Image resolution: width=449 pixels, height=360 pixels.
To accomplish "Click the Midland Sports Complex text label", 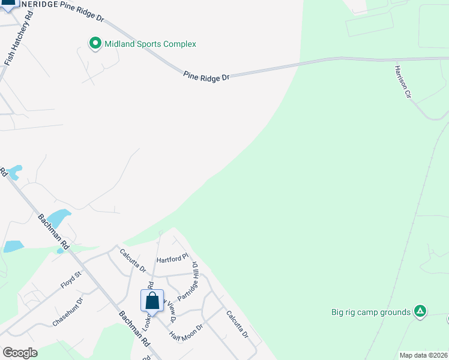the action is pos(150,44).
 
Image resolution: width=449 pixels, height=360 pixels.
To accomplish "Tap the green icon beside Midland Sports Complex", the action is pos(95,43).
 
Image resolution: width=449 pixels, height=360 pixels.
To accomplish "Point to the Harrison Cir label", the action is pos(402,82).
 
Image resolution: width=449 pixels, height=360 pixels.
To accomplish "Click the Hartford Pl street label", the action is pos(169,260).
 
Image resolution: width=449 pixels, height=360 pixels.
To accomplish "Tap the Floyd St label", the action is pos(70,280).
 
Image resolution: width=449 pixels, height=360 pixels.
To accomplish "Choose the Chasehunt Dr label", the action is pos(67,311).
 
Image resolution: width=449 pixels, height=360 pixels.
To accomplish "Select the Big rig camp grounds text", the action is pos(371,312).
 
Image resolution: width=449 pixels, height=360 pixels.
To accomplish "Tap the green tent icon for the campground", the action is pos(421,311).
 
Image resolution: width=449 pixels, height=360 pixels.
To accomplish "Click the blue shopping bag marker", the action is pos(152,300).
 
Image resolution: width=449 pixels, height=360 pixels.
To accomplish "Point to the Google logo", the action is pos(20,353).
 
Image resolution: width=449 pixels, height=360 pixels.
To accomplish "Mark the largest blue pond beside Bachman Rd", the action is pos(58,218).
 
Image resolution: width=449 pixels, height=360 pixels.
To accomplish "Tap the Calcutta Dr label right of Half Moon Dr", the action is pos(237,324).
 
